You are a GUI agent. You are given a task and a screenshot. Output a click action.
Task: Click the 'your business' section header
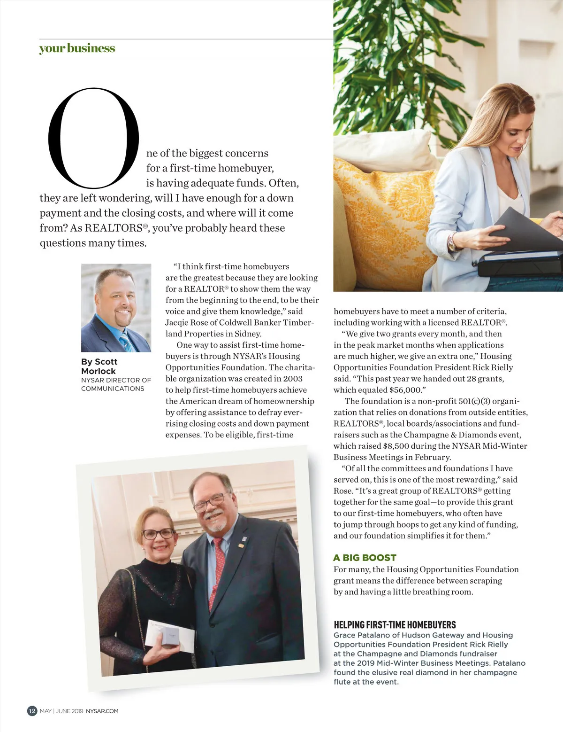(x=77, y=48)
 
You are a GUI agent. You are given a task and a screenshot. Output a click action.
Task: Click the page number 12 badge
(x=32, y=710)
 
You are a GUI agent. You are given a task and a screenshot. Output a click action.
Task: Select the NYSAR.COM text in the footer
(x=102, y=711)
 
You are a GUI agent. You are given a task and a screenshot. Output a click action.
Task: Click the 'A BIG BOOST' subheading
(x=365, y=558)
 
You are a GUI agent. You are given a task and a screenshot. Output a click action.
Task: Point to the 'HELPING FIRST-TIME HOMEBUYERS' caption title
(x=395, y=625)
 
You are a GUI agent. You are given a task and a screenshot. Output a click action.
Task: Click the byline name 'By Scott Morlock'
(x=99, y=366)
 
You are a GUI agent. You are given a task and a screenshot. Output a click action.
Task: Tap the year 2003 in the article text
(x=293, y=379)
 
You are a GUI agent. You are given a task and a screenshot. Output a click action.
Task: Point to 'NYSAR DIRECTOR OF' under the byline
(x=116, y=380)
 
